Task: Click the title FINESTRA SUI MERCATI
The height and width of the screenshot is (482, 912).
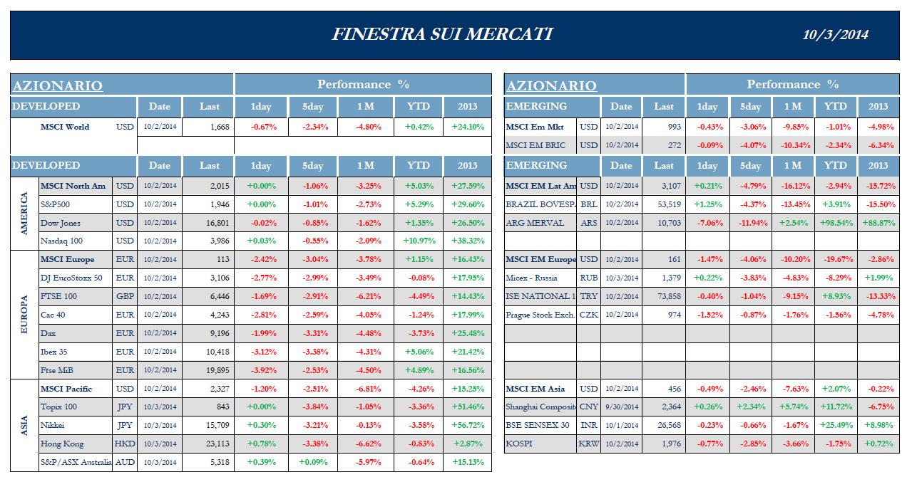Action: coord(442,34)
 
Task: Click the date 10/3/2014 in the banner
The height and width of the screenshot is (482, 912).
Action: coord(835,35)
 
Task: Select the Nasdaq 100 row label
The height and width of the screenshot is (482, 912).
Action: coord(62,241)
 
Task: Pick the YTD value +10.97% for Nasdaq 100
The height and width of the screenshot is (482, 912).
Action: coord(419,241)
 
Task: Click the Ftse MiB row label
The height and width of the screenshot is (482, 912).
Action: coord(57,370)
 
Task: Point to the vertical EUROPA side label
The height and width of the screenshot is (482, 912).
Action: coord(24,314)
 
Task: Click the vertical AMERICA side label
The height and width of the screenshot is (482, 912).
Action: coord(24,214)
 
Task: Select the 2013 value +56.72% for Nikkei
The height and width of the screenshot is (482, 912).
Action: coord(467,425)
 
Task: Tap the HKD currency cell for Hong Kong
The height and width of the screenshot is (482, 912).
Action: coord(124,444)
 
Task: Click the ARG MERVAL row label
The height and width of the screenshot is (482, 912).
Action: coord(535,223)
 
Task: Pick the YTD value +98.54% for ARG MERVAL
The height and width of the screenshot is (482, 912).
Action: coord(836,223)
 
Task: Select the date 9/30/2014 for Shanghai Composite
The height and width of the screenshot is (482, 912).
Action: coord(621,407)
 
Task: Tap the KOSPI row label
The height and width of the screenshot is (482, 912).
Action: coord(520,444)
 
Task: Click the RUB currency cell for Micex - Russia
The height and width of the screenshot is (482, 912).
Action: coord(588,278)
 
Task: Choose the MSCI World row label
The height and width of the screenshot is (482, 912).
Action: coord(65,127)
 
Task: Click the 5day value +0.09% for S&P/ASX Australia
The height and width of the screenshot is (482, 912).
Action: coord(313,462)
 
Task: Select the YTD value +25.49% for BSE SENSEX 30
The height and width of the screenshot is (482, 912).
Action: coord(836,425)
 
